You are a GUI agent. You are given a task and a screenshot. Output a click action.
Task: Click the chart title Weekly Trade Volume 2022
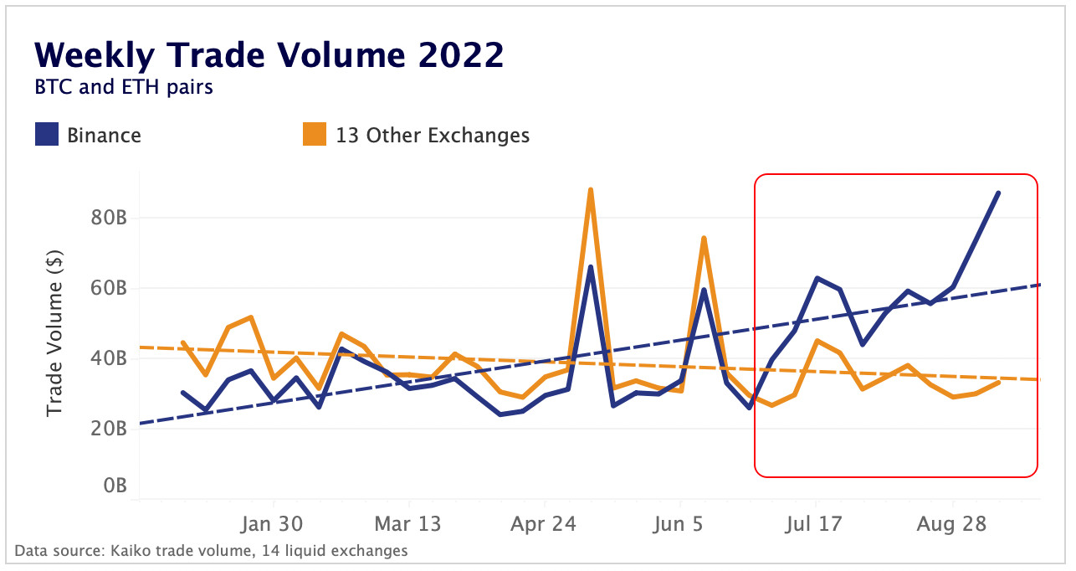[269, 55]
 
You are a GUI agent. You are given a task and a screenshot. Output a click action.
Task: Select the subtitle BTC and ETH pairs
[123, 86]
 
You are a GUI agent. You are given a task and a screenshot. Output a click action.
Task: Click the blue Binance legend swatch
[46, 135]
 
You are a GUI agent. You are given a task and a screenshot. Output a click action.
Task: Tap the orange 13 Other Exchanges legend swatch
[314, 135]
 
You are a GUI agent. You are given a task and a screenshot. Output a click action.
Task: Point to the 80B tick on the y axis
[109, 218]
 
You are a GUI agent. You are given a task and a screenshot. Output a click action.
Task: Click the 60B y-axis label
[109, 288]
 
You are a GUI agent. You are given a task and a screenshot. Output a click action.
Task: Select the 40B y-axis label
[109, 358]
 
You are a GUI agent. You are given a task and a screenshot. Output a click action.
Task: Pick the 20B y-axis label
[109, 429]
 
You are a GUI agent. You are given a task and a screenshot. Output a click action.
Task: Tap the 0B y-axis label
[113, 486]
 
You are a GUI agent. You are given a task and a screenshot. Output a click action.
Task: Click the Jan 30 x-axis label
[273, 525]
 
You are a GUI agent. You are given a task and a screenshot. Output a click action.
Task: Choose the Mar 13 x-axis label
[407, 525]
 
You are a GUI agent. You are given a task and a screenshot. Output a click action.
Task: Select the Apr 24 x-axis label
[543, 525]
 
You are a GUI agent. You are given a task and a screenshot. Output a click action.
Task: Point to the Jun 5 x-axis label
[679, 525]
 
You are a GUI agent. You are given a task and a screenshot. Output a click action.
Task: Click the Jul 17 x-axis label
[815, 525]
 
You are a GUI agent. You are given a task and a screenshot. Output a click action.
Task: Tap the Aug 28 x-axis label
[952, 525]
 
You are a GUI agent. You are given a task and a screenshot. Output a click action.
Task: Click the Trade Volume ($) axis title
[55, 335]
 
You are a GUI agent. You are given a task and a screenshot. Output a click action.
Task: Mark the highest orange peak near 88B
[591, 190]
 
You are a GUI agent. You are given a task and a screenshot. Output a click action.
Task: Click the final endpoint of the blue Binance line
[998, 193]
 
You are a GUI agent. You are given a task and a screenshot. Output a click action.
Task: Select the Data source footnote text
[211, 551]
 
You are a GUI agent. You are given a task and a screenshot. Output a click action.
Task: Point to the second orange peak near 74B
[704, 239]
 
